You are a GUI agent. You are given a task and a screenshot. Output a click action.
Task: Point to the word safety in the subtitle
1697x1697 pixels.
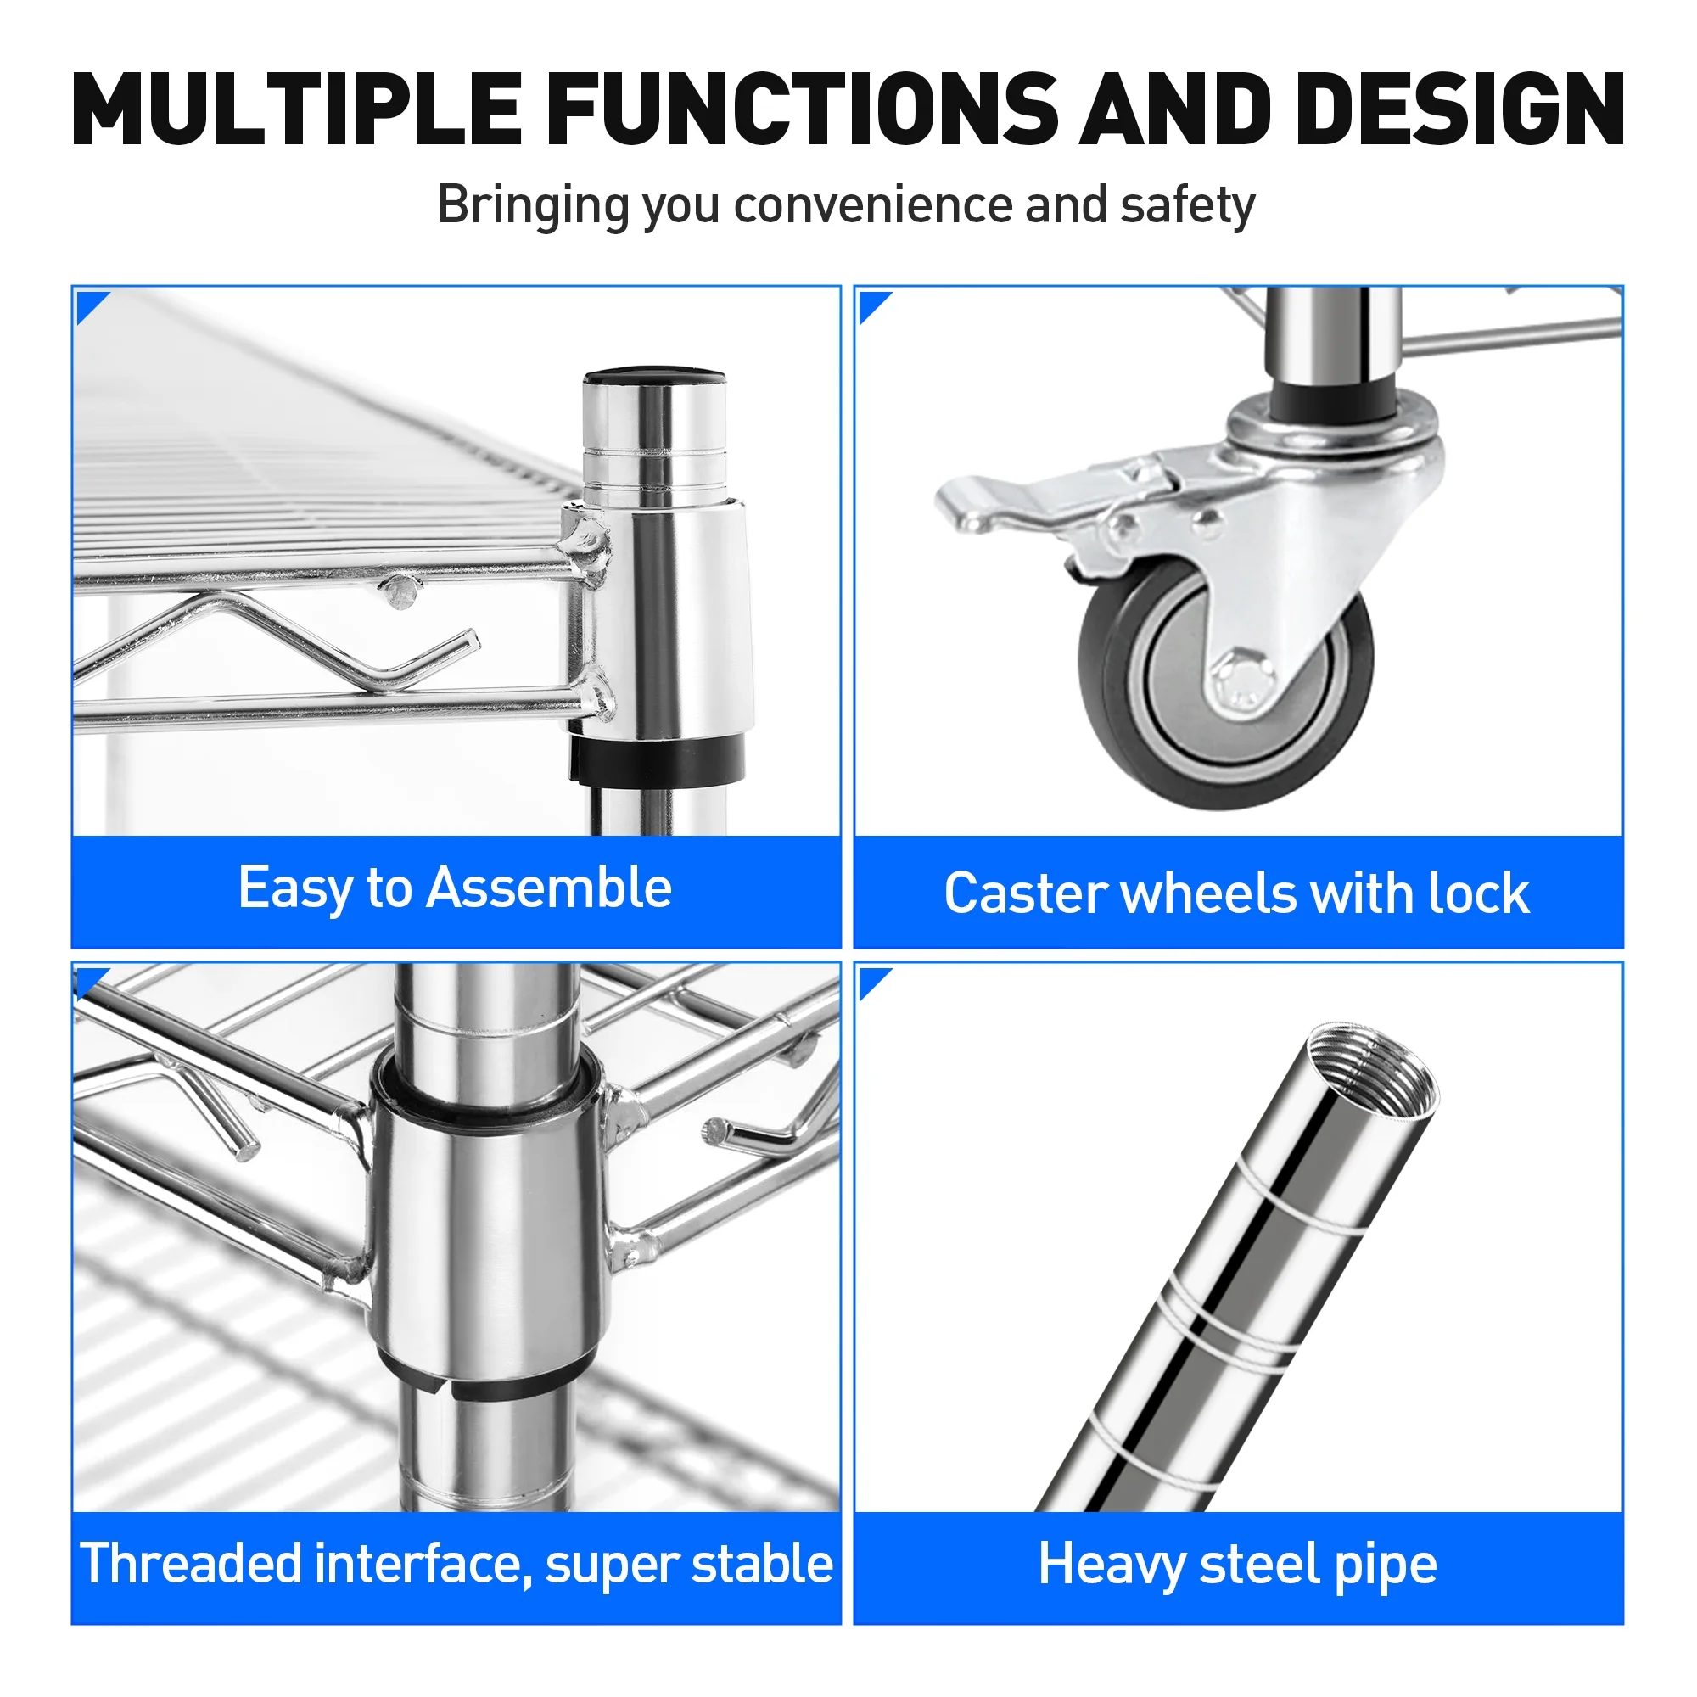[x=1187, y=206]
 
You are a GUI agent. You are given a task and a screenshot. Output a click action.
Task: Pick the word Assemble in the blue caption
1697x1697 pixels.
[x=549, y=888]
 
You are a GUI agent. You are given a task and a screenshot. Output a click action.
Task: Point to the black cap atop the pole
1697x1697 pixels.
[x=654, y=378]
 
